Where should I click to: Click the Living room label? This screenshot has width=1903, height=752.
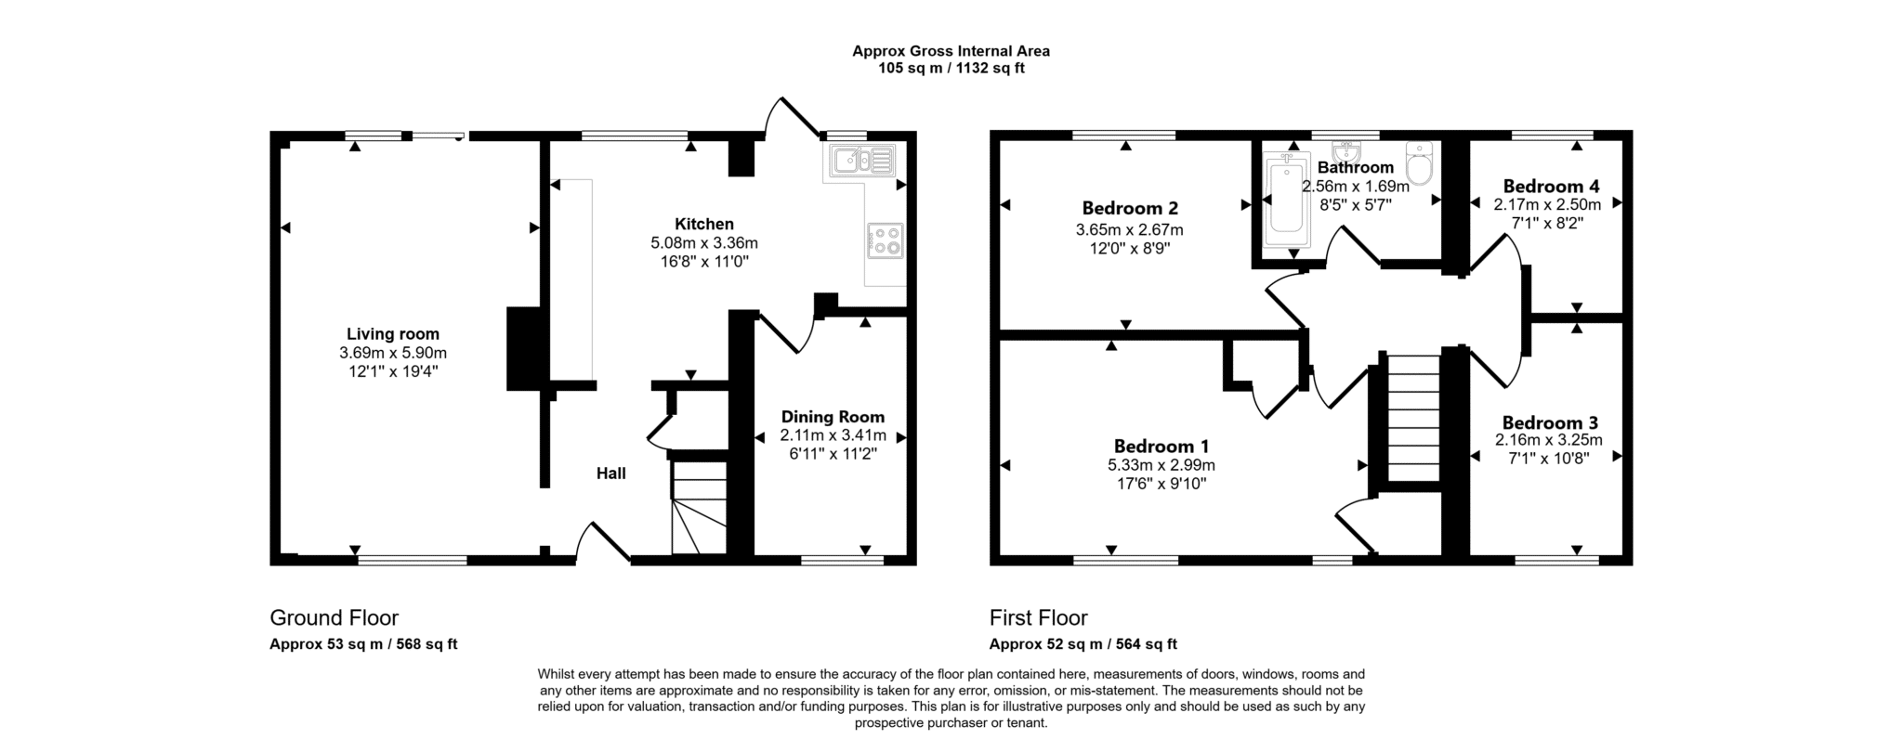(x=393, y=334)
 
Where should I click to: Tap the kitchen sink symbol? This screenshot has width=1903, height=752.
(x=863, y=161)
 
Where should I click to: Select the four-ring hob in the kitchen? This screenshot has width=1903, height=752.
(x=885, y=241)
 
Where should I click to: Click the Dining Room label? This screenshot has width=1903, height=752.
(x=833, y=417)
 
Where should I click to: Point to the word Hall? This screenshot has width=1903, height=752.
(x=610, y=473)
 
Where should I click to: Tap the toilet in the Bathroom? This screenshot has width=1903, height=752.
(x=1419, y=163)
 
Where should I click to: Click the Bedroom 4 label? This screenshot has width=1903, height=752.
(x=1551, y=186)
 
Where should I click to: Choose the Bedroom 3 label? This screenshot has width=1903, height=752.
(x=1550, y=422)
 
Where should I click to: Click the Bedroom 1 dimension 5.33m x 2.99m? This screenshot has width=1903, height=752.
(x=1161, y=465)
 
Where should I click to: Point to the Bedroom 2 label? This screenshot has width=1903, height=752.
(x=1130, y=208)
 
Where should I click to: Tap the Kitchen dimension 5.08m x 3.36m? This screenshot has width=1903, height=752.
(x=704, y=243)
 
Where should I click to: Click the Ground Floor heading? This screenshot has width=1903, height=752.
(x=334, y=617)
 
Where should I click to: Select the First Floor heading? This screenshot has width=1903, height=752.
(x=1038, y=617)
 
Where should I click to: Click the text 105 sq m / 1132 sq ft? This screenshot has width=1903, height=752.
(x=951, y=69)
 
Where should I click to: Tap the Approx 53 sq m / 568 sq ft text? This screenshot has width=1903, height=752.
(x=363, y=644)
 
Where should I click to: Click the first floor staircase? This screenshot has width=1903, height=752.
(x=1413, y=418)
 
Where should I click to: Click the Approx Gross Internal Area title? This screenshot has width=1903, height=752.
(x=951, y=52)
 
